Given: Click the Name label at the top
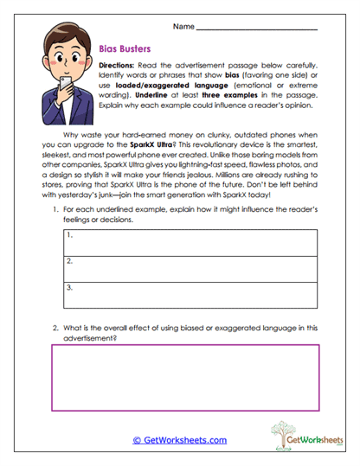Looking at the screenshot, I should pos(183,28).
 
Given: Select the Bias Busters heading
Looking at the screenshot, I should pos(125,50).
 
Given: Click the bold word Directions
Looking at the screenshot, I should pos(117,66).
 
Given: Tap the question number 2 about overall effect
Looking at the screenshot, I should pos(57,329).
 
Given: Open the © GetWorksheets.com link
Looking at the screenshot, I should pos(180,439).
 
